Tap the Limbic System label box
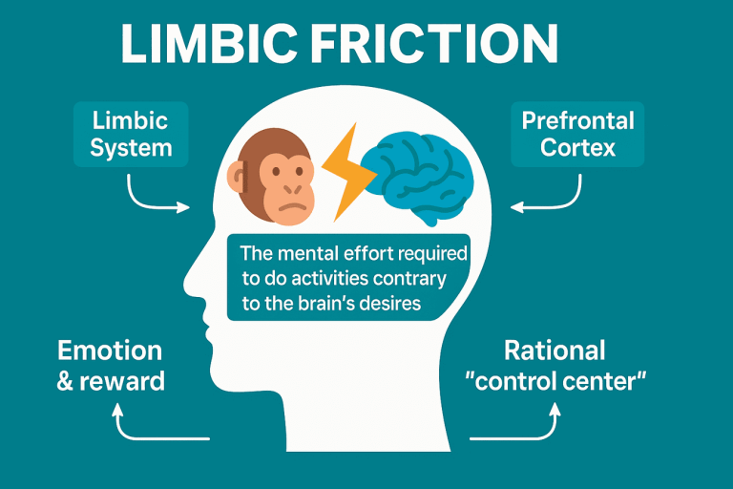pyautogui.click(x=132, y=135)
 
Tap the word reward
pyautogui.click(x=123, y=381)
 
